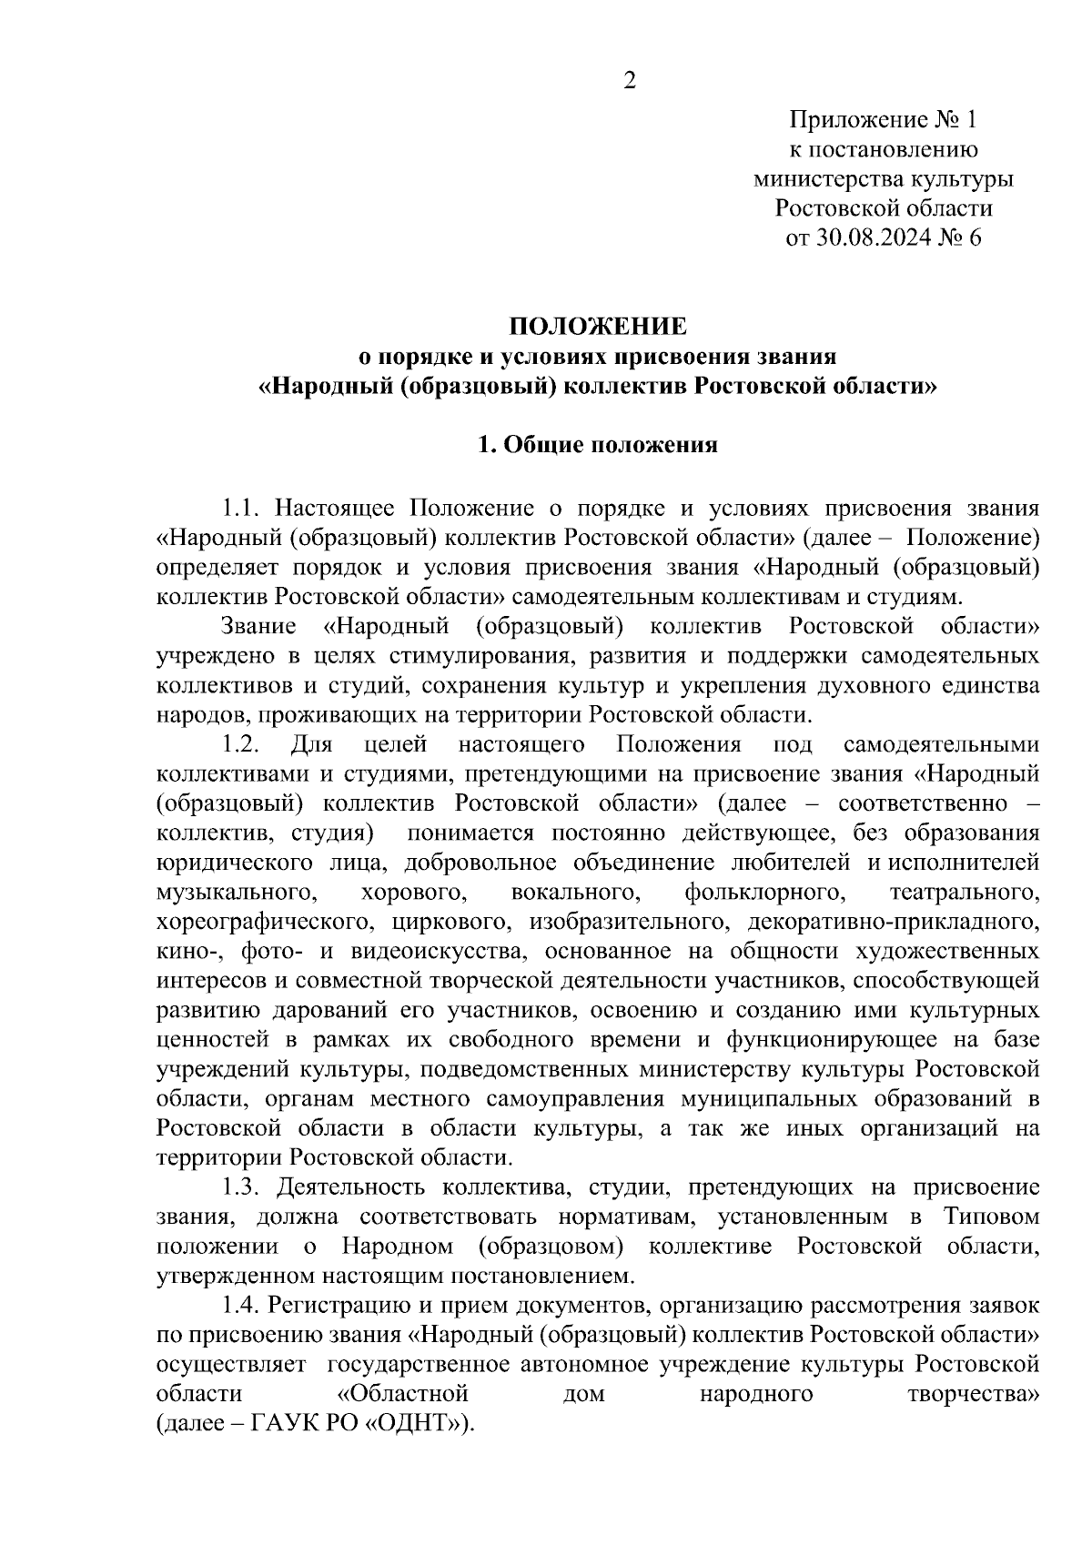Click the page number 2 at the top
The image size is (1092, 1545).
click(x=629, y=81)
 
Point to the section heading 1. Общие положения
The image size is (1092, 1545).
click(x=598, y=445)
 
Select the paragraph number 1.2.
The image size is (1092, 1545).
click(x=241, y=744)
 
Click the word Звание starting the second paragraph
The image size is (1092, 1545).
click(x=258, y=626)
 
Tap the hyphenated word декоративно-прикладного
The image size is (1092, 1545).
click(x=892, y=922)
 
